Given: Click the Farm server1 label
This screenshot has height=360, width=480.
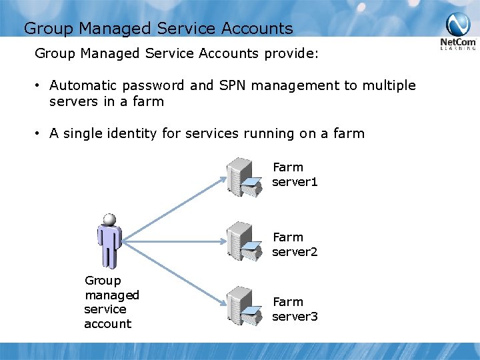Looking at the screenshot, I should coord(294,175).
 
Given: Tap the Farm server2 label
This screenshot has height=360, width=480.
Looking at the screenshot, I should coord(294,245).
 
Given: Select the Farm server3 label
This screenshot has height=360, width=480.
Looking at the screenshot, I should coord(295,309).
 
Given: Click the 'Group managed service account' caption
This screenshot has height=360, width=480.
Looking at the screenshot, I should coord(111,302).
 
